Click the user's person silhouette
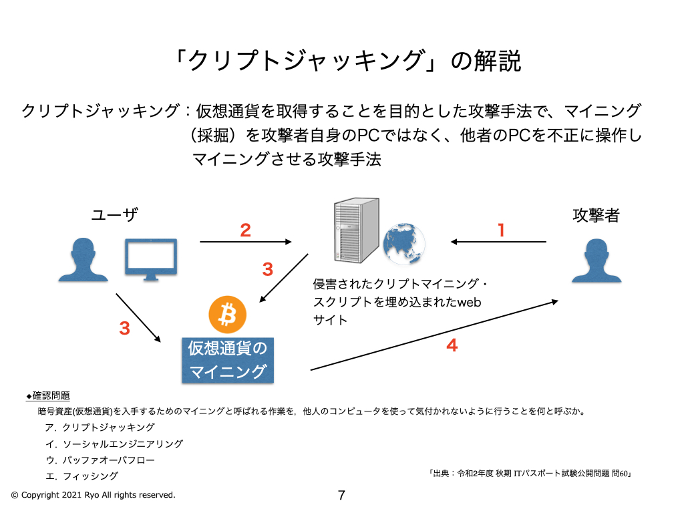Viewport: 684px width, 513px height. coord(83,259)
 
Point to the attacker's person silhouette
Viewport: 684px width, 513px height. coord(596,259)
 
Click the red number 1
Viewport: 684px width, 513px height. coord(501,230)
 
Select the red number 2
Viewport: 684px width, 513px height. coord(245,230)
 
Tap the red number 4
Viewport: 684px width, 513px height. coord(452,345)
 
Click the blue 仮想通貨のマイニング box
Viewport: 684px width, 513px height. coord(228,359)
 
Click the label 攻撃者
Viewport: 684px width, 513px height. coord(596,215)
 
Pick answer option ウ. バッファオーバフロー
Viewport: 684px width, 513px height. coord(100,460)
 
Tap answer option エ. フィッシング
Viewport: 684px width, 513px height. coord(82,476)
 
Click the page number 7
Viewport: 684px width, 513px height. coord(341,495)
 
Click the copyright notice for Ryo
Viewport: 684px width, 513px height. coord(93,495)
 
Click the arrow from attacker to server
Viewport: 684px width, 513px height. coord(498,242)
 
